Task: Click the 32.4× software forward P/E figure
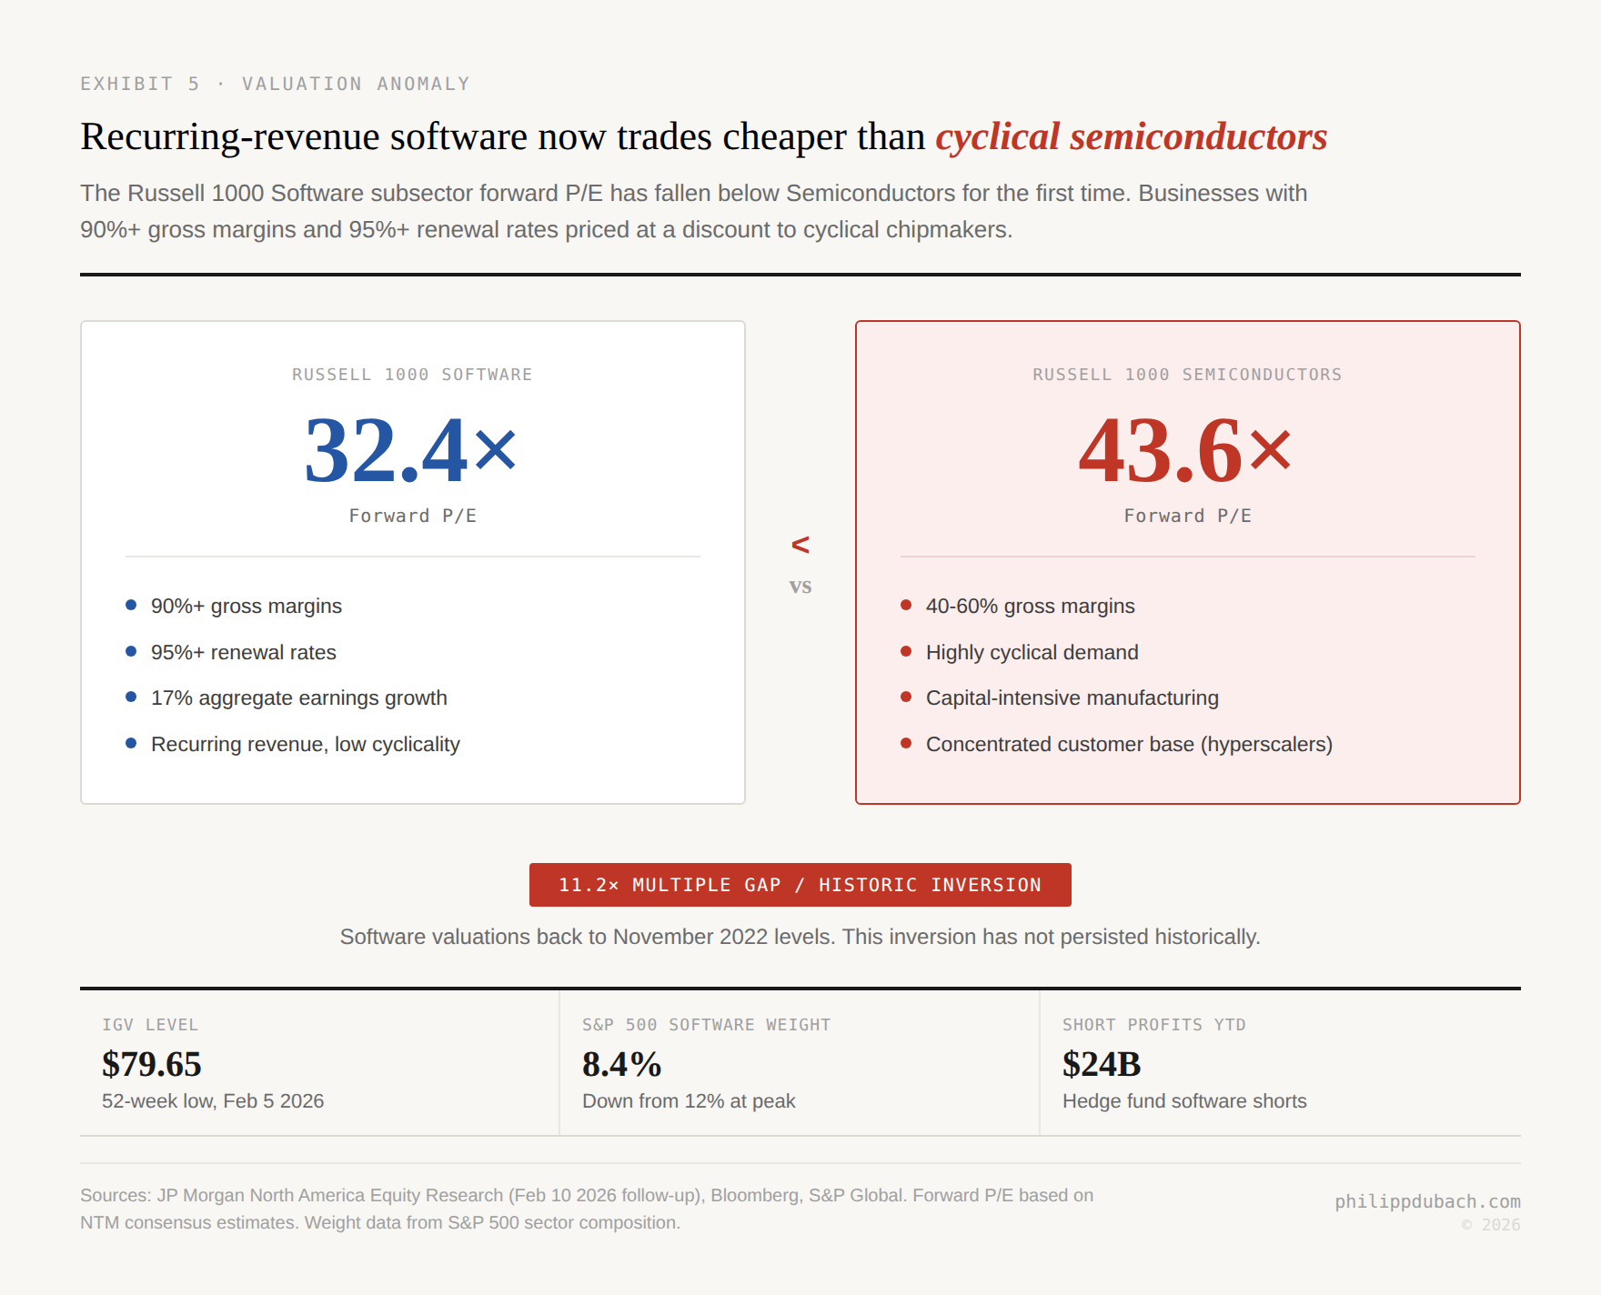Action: pyautogui.click(x=411, y=451)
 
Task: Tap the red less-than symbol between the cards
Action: pyautogui.click(x=800, y=545)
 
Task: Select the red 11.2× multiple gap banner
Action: pyautogui.click(x=800, y=885)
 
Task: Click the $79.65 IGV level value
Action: pyautogui.click(x=152, y=1064)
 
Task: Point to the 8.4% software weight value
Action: pyautogui.click(x=622, y=1064)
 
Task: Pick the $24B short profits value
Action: pyautogui.click(x=1102, y=1064)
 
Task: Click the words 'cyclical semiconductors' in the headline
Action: pyautogui.click(x=1131, y=137)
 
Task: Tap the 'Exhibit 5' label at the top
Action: pyautogui.click(x=139, y=84)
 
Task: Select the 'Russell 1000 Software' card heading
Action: pyautogui.click(x=412, y=375)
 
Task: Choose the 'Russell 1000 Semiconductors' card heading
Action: pyautogui.click(x=1187, y=375)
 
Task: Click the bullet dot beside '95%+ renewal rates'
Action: pyautogui.click(x=131, y=651)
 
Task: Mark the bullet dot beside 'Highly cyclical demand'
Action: pyautogui.click(x=906, y=651)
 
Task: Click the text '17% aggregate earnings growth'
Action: pyautogui.click(x=299, y=698)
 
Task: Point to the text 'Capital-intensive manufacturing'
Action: pyautogui.click(x=1072, y=698)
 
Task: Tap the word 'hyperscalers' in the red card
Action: pyautogui.click(x=1266, y=744)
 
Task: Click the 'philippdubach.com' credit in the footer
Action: pyautogui.click(x=1427, y=1201)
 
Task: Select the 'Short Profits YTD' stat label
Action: pyautogui.click(x=1153, y=1025)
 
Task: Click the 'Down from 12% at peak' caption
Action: pyautogui.click(x=689, y=1101)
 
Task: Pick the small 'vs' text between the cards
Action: pyautogui.click(x=800, y=587)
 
